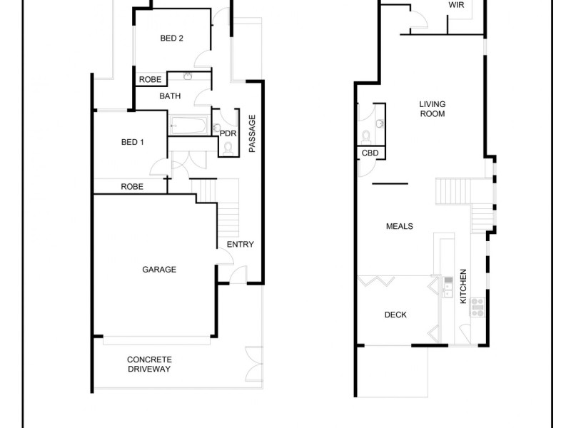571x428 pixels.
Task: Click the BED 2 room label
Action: click(172, 39)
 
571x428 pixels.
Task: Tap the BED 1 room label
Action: click(133, 142)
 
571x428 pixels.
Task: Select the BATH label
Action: click(170, 96)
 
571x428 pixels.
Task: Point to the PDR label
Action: click(228, 133)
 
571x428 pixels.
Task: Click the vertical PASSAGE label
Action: click(252, 133)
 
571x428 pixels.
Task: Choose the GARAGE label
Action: click(159, 270)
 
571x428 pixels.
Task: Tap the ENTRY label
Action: click(241, 245)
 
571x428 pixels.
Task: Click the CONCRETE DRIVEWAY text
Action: click(149, 365)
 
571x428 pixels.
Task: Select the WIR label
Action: click(457, 4)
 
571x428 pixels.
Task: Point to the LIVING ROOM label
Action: click(432, 108)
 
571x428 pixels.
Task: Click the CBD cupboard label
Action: click(370, 153)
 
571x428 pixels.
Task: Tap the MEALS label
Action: click(400, 226)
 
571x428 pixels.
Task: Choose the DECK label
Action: click(395, 315)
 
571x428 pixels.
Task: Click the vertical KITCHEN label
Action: click(463, 286)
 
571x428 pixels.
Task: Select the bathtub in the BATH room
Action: click(188, 126)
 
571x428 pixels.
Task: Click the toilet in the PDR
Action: click(228, 148)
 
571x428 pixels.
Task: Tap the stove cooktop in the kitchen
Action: click(476, 307)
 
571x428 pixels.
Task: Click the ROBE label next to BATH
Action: click(150, 79)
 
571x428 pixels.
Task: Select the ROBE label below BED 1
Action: click(132, 187)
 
